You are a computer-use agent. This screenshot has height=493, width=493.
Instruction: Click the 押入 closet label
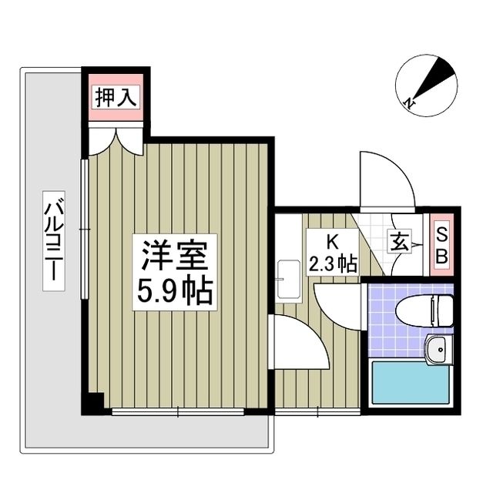coord(116,97)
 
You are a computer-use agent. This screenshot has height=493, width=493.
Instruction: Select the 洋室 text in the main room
coord(175,254)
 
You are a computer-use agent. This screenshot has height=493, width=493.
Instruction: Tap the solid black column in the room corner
coord(94,402)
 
